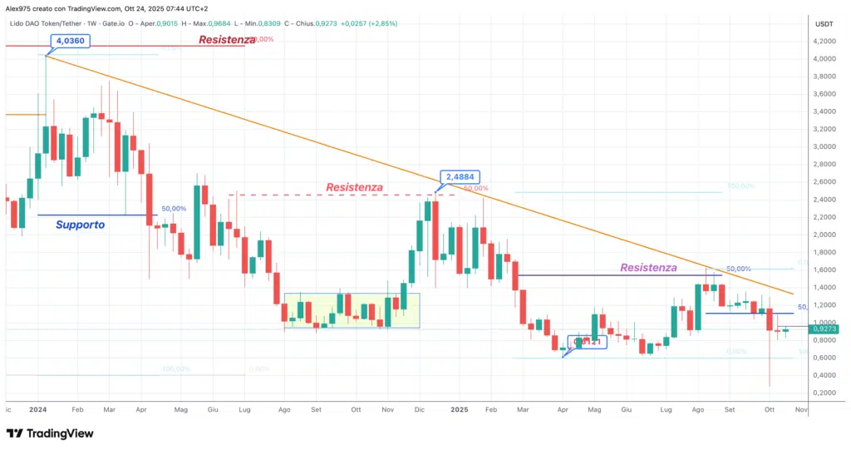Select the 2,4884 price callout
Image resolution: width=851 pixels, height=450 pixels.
click(x=461, y=176)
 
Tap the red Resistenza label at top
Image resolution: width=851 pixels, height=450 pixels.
click(x=224, y=40)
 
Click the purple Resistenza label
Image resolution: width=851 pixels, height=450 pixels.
click(x=648, y=268)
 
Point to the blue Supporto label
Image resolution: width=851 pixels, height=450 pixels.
click(x=80, y=225)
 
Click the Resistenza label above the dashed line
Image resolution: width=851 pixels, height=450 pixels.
click(x=354, y=188)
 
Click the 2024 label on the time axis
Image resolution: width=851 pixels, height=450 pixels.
click(x=37, y=410)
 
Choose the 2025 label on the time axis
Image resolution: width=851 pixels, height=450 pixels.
click(x=460, y=410)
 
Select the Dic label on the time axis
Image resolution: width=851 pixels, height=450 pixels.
click(x=420, y=410)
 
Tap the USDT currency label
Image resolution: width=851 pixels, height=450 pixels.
click(x=824, y=24)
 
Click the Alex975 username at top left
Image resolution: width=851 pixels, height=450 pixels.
click(x=18, y=7)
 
